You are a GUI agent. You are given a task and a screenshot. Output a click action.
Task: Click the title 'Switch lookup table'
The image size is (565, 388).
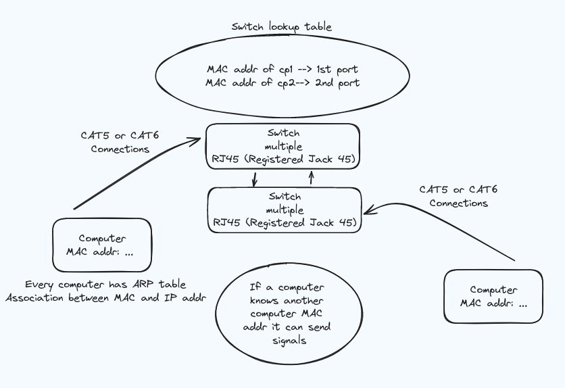(282, 27)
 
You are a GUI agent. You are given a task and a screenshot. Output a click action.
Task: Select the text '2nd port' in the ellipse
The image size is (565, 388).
(337, 83)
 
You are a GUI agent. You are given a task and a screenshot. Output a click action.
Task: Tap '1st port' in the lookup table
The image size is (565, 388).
(337, 69)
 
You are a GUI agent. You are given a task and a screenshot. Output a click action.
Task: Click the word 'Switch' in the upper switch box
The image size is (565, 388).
(283, 133)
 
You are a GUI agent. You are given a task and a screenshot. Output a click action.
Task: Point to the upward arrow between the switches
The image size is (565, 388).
(312, 177)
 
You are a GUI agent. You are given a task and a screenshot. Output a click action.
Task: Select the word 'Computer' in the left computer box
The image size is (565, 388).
(102, 239)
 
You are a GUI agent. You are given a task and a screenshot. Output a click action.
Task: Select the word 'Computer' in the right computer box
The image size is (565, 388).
(493, 290)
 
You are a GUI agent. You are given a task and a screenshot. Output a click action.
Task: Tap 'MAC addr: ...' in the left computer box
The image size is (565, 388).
(102, 251)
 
